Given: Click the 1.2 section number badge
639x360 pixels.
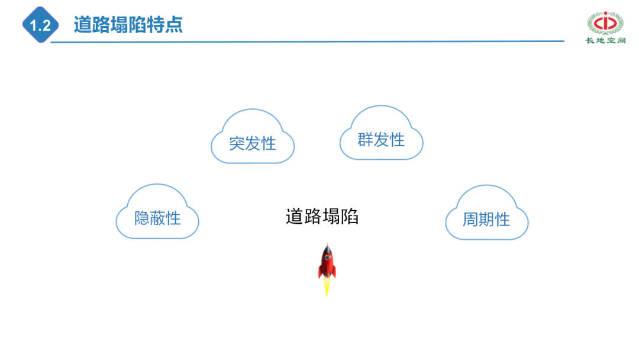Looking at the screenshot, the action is [x=40, y=25].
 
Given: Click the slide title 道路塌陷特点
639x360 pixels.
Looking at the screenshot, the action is [x=128, y=25].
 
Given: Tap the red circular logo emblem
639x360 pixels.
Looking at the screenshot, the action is [x=605, y=22].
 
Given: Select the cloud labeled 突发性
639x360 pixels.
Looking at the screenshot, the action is [x=253, y=137].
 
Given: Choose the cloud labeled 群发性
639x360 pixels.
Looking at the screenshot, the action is [x=381, y=134].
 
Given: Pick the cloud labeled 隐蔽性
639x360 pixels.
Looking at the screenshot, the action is [x=157, y=213].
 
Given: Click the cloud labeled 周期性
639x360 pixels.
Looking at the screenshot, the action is [x=486, y=214].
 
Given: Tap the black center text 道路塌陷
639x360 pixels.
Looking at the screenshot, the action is [x=322, y=217].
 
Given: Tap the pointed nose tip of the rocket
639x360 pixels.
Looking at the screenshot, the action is [x=327, y=245].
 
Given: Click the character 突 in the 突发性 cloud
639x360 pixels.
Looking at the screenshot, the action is [x=237, y=143].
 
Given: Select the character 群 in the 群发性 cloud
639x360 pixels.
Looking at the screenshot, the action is [x=365, y=140].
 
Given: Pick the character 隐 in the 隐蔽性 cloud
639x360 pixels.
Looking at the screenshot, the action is [x=142, y=218].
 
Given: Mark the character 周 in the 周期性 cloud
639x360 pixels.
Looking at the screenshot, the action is [x=470, y=220].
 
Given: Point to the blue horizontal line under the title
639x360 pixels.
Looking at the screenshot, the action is [x=308, y=41].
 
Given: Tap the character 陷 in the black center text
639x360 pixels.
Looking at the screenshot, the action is [x=350, y=217].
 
